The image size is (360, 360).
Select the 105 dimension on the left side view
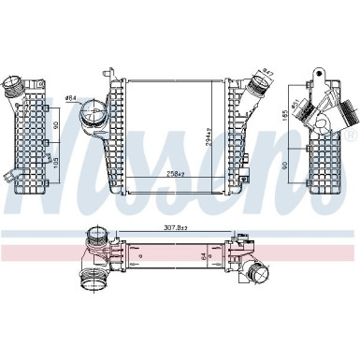coord(56,166)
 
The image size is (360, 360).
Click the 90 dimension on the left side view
coord(56,124)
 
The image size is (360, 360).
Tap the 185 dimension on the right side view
coord(284,119)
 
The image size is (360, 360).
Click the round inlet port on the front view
coord(93,122)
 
